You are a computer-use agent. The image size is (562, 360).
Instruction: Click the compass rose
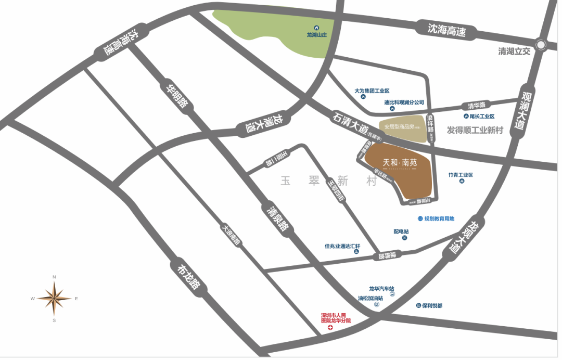54,298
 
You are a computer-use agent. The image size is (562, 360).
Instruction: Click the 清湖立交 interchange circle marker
541,45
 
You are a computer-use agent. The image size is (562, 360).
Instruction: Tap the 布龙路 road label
189,277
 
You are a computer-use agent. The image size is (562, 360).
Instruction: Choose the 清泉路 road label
276,218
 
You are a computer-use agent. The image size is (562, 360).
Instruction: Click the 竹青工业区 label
461,175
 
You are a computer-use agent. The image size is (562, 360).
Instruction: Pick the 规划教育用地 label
439,218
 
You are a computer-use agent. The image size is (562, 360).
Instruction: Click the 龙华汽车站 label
381,288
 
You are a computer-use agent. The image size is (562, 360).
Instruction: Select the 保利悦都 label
432,305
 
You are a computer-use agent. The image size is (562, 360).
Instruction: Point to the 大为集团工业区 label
372,91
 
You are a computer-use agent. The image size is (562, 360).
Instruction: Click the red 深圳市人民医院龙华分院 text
336,318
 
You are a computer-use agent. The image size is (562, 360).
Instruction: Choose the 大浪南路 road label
231,234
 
